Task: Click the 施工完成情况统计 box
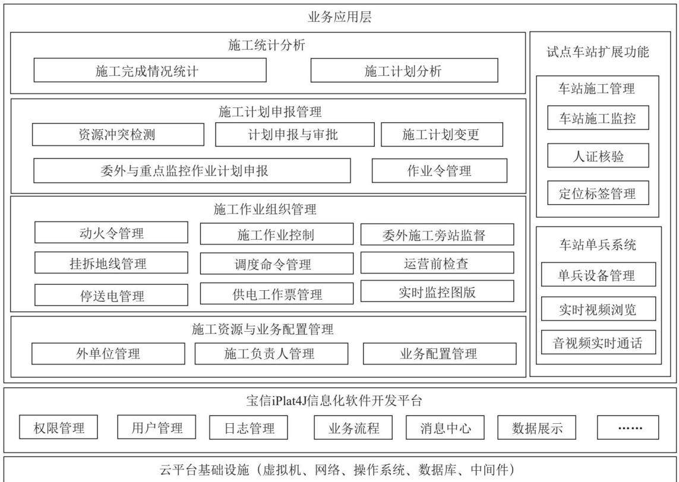[x=150, y=70]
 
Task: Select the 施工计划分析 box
[x=404, y=71]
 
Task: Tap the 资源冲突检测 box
[x=118, y=135]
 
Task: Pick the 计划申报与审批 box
[x=295, y=135]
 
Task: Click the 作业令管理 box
[x=439, y=170]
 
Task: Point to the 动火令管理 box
[x=111, y=233]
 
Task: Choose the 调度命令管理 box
[x=276, y=264]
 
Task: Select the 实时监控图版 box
[x=437, y=291]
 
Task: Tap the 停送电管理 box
[x=111, y=295]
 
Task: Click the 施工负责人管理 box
[x=271, y=354]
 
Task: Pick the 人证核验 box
[x=598, y=156]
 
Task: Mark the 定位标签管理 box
[x=598, y=192]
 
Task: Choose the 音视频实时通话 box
[x=598, y=343]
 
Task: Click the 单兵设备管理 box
[x=598, y=274]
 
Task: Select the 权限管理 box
[x=58, y=427]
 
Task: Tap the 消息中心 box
[x=445, y=427]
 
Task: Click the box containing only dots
[x=627, y=427]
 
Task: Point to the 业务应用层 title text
[x=340, y=17]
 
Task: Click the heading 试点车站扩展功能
[x=598, y=52]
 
